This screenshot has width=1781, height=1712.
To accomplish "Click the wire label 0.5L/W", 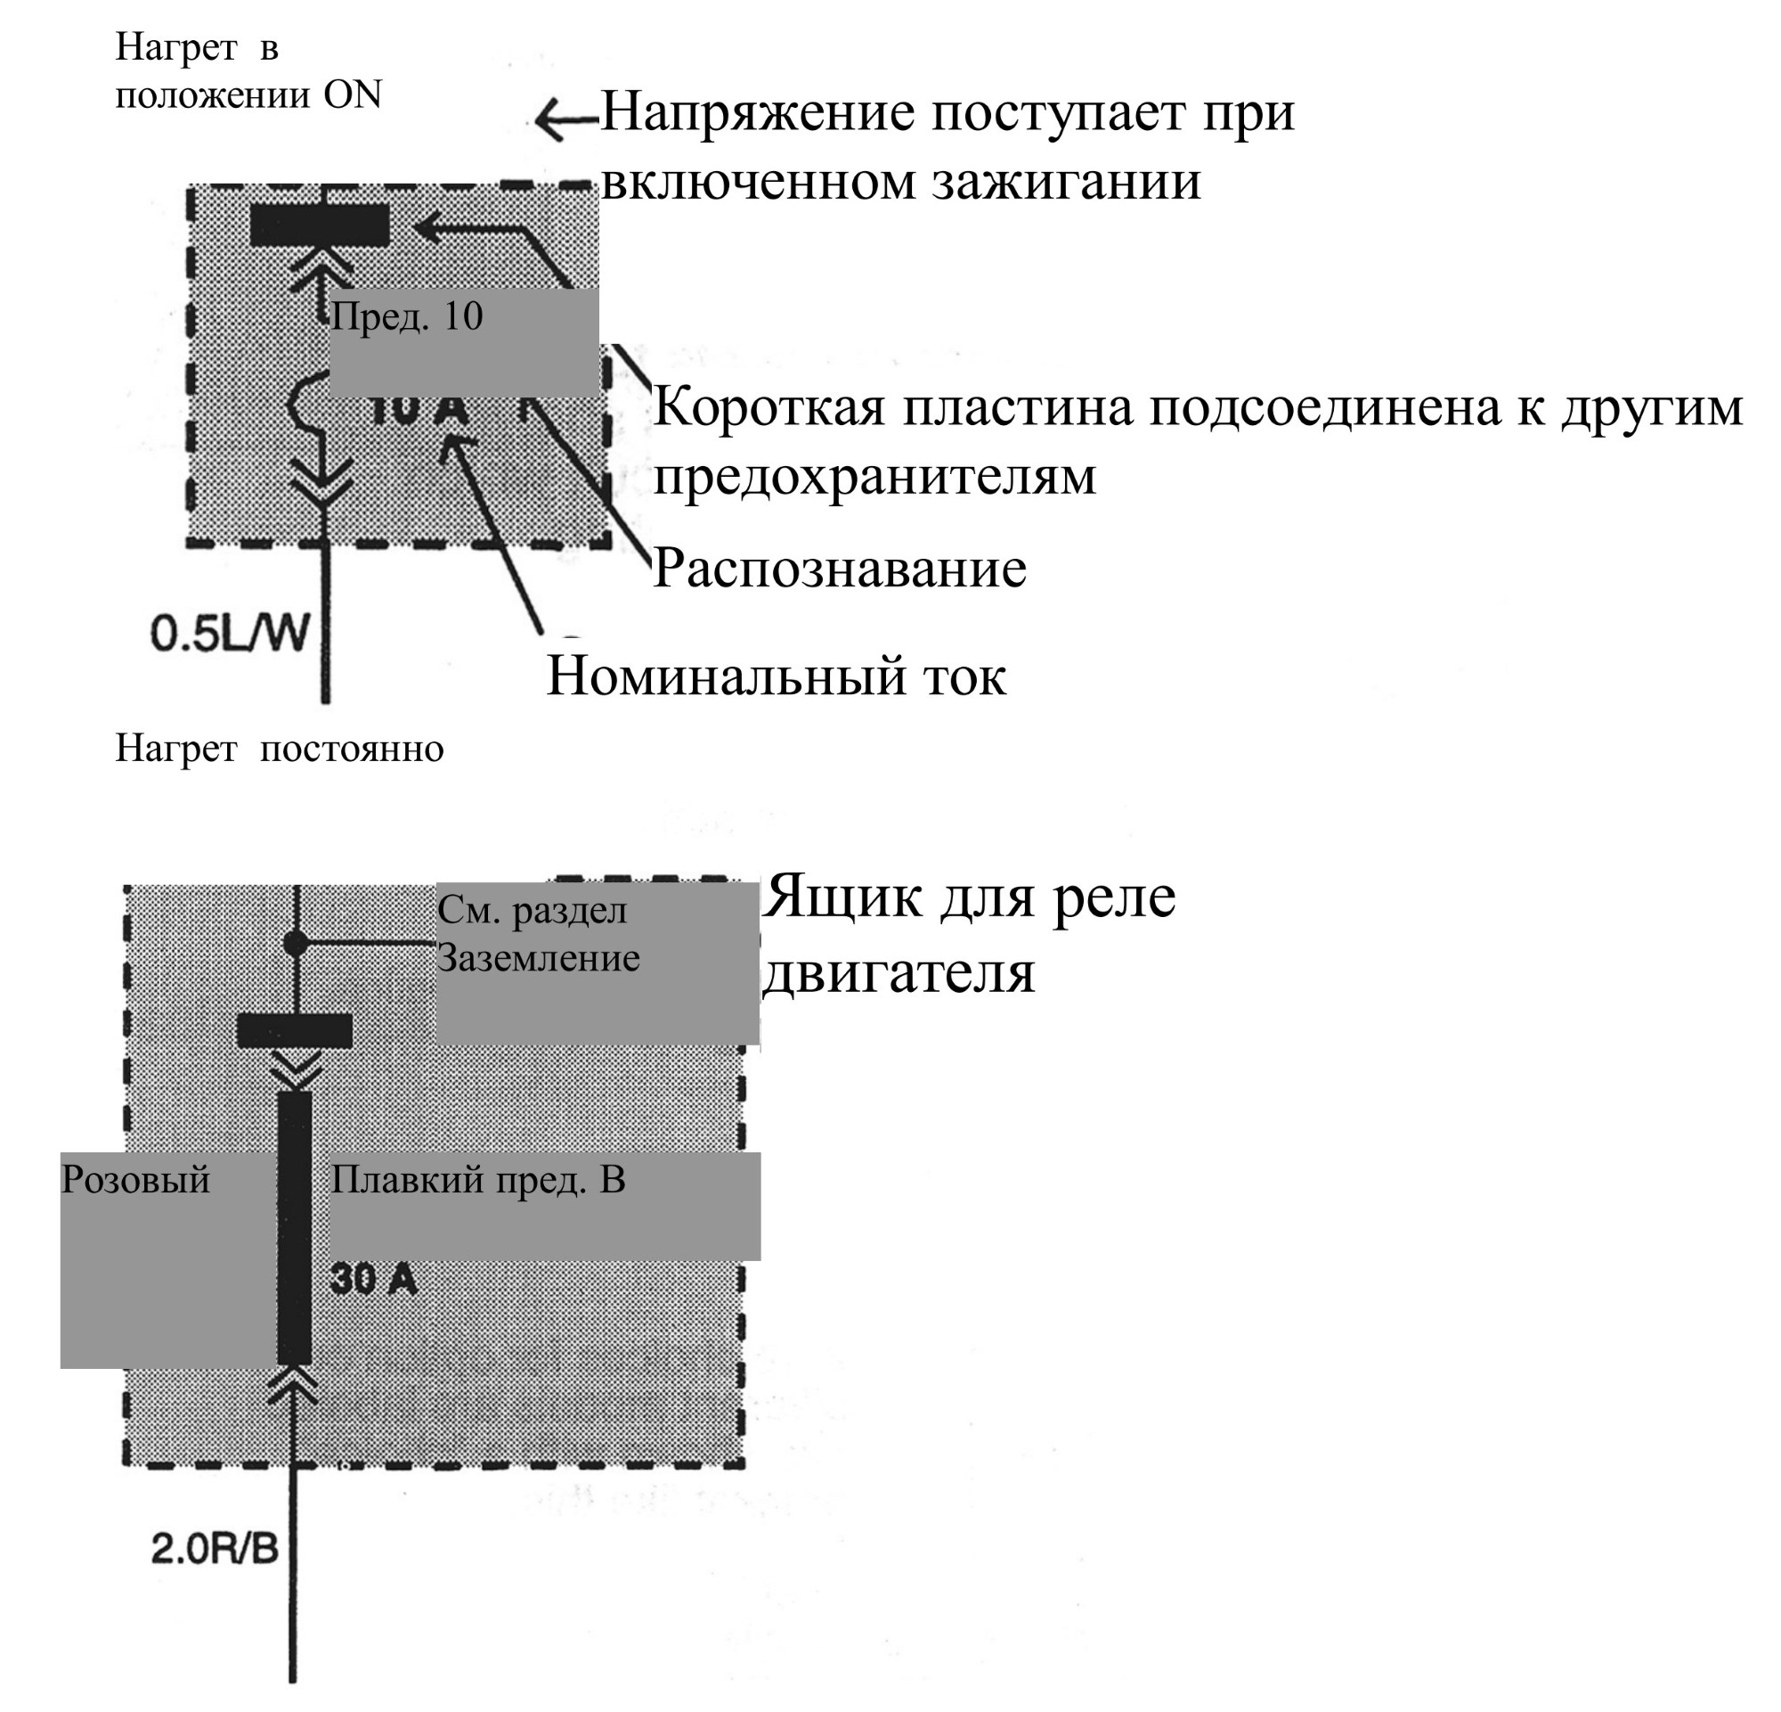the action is click(x=230, y=633).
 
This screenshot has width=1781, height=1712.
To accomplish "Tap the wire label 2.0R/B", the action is click(x=215, y=1548).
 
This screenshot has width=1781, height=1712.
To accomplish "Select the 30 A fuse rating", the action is click(x=373, y=1279).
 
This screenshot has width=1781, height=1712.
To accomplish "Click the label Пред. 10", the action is click(x=406, y=317).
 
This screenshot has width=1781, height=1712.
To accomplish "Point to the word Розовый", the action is click(x=135, y=1181).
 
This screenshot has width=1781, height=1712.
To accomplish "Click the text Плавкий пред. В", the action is click(x=478, y=1180).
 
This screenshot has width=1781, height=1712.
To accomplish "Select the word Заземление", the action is click(x=539, y=958).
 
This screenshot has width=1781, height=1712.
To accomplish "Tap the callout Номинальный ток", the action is click(x=776, y=676).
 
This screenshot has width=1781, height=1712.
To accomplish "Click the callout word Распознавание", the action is click(x=840, y=569).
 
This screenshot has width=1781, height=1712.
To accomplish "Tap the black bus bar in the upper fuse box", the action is click(x=320, y=225).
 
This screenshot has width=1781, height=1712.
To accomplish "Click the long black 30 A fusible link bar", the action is click(x=295, y=1227).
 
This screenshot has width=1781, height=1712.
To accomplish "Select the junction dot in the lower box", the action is click(x=296, y=943).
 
